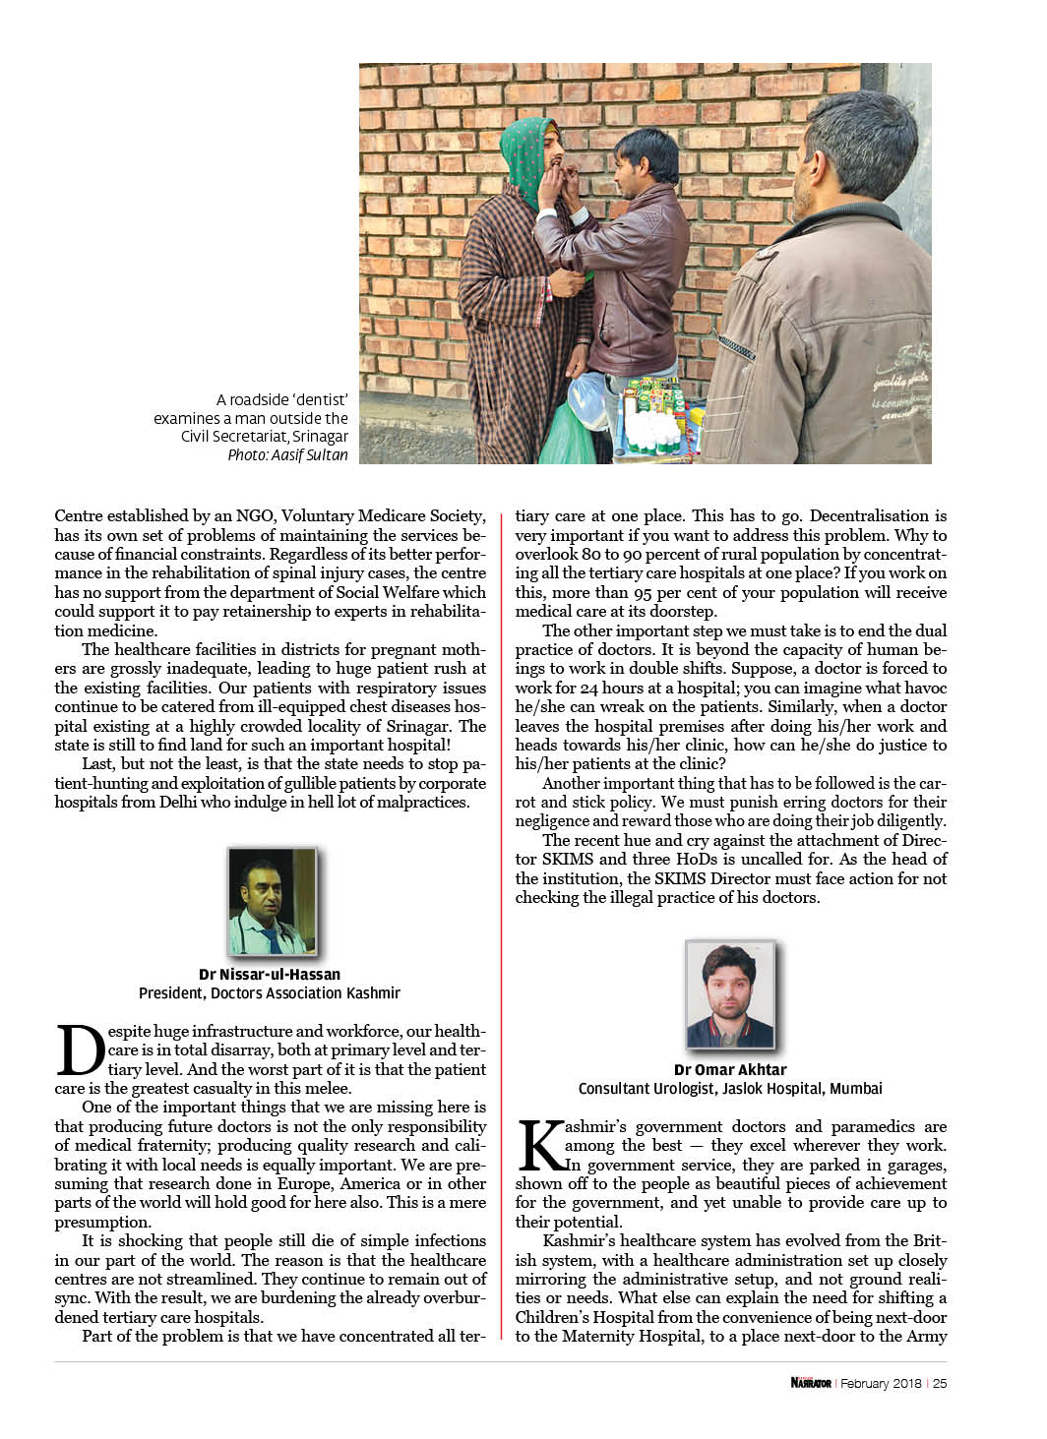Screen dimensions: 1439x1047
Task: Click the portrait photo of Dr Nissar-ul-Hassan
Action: coord(272,901)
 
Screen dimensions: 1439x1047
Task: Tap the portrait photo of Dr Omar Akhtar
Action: coord(730,995)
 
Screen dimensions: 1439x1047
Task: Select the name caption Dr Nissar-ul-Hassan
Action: coord(270,975)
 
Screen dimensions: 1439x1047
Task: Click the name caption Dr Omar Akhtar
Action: coord(730,1069)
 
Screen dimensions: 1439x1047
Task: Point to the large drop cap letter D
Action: coord(80,1051)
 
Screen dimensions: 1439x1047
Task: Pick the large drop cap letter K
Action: coord(539,1146)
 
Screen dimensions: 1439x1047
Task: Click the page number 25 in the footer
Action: coord(940,1383)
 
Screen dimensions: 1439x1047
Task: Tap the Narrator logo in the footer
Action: coord(811,1383)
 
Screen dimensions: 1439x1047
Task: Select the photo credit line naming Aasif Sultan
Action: coord(287,455)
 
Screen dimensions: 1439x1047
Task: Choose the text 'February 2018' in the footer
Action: coord(880,1383)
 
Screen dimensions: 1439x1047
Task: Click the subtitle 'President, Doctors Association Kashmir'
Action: coord(270,993)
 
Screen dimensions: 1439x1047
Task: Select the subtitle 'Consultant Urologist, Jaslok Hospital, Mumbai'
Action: coord(730,1089)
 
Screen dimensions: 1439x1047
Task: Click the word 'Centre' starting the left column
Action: coord(80,515)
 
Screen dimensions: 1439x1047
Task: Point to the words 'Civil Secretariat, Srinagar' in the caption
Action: coord(264,437)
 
